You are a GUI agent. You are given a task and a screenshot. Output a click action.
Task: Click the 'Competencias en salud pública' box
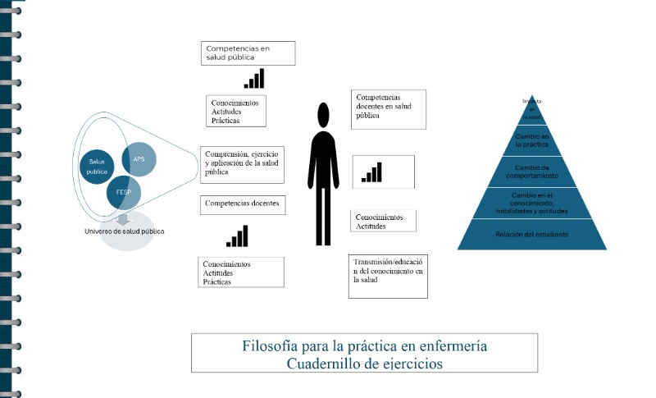pos(248,53)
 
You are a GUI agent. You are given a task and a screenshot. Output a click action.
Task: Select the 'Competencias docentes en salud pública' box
pos(389,109)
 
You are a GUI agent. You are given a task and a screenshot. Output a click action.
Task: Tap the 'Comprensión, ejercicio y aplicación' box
pos(243,164)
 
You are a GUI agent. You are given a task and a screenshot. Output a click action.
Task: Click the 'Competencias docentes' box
pos(243,204)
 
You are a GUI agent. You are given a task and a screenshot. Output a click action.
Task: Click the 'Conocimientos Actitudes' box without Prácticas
pos(384,221)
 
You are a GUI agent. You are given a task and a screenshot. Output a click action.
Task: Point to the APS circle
pos(138,159)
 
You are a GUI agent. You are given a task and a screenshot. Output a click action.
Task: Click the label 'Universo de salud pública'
pos(125,231)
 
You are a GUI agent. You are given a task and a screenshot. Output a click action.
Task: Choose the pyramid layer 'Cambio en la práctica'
pos(531,140)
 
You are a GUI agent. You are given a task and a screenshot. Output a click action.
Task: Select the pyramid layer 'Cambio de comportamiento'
pos(531,172)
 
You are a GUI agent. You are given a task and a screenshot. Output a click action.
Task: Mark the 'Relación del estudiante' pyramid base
pos(531,235)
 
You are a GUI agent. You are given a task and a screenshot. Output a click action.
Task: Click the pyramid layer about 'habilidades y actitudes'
pos(531,203)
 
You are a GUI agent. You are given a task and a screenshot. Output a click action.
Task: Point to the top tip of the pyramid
pos(531,100)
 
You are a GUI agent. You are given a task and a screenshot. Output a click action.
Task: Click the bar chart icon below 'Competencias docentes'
pos(238,236)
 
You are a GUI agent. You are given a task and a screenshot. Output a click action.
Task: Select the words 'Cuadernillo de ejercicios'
pos(364,363)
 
